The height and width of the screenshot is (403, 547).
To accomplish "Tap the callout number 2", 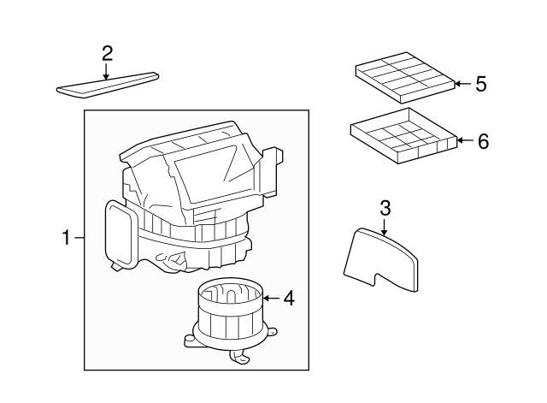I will [x=107, y=53].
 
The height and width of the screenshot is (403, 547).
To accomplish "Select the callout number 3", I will [x=385, y=207].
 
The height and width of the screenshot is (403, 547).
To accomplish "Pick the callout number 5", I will [x=480, y=84].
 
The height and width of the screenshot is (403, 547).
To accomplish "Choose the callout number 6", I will [x=483, y=141].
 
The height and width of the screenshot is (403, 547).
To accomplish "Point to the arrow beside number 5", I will [x=462, y=84].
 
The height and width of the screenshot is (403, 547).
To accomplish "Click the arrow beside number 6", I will [x=464, y=141].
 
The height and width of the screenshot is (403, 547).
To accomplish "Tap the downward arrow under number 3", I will [x=385, y=226].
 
